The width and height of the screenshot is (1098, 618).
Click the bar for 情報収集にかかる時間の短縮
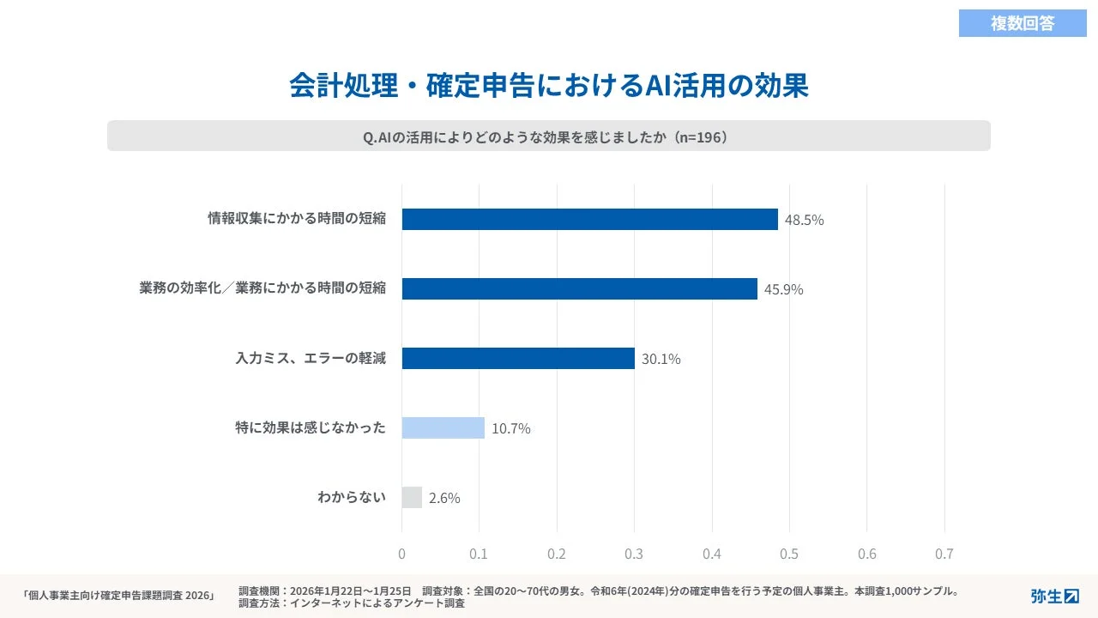point(589,219)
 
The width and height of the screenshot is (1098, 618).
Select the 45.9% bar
point(579,288)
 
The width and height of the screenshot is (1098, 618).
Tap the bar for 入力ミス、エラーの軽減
point(518,358)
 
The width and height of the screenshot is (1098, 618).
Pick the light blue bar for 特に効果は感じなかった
point(443,427)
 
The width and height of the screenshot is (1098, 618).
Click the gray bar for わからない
point(412,497)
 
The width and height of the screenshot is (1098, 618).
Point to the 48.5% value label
point(804,220)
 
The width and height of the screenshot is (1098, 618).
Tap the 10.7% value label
point(510,428)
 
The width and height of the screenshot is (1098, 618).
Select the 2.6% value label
point(444,498)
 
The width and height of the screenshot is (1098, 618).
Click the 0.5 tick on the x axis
point(789,554)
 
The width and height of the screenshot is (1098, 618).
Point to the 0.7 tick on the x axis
point(944,554)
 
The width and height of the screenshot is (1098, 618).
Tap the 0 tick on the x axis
point(401,554)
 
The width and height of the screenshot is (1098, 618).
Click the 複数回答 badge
point(1023,23)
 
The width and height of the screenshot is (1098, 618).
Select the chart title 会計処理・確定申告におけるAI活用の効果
point(549,87)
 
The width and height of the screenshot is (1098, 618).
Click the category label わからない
point(352,497)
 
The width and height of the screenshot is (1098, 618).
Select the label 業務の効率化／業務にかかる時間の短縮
point(262,288)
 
